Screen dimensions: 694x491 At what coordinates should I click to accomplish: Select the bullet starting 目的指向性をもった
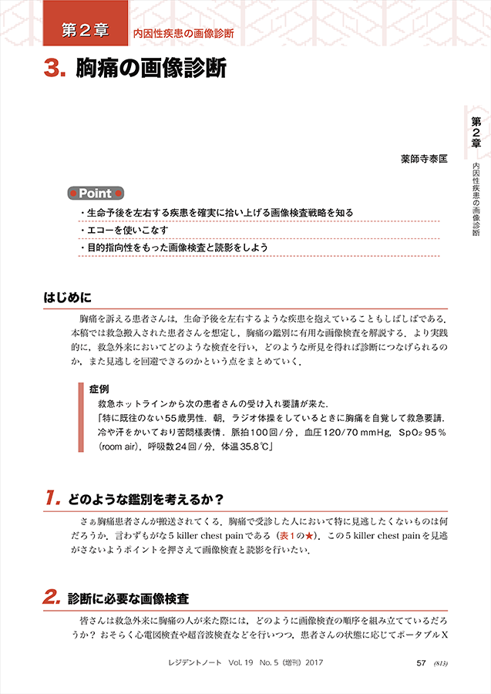pyautogui.click(x=177, y=248)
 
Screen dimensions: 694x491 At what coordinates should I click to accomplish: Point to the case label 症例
pyautogui.click(x=99, y=388)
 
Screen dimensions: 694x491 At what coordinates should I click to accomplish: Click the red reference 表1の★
pyautogui.click(x=302, y=534)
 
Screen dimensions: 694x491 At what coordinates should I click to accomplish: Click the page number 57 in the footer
pyautogui.click(x=421, y=662)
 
